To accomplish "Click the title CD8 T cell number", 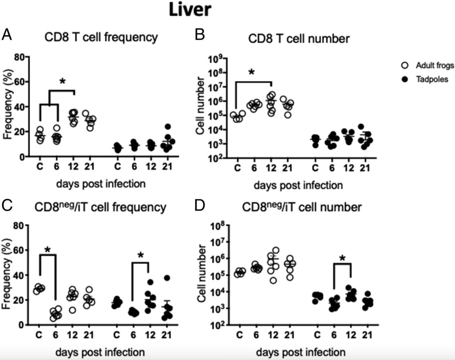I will click(x=299, y=39).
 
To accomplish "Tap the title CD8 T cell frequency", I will click(x=100, y=38).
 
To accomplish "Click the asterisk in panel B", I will click(x=251, y=73).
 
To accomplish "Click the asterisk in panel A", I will click(x=62, y=81).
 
